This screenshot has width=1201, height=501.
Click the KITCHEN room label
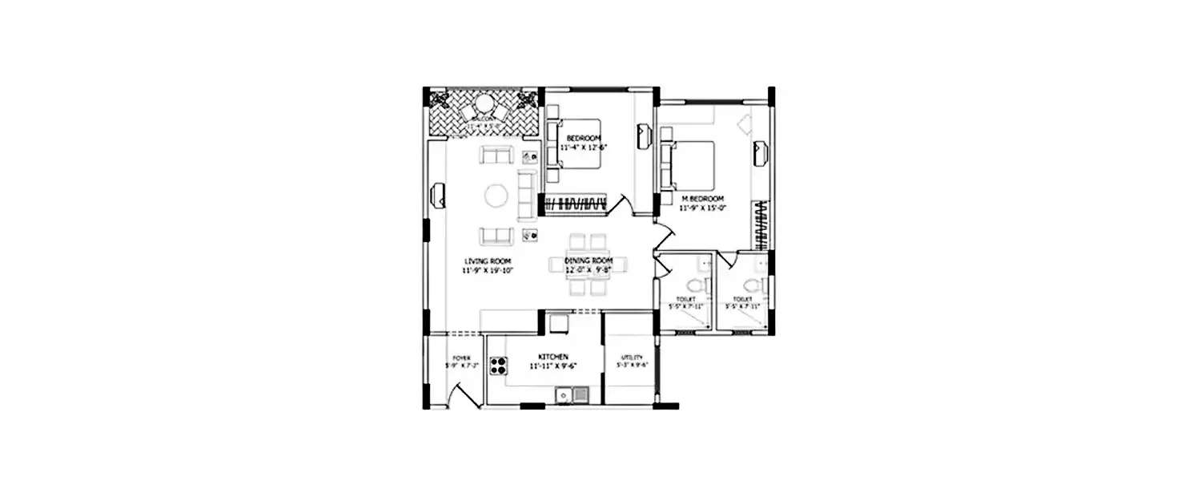(x=553, y=356)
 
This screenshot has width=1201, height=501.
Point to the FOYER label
(x=461, y=358)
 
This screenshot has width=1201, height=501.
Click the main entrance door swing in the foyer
(x=460, y=395)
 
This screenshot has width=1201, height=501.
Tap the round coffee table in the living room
(x=496, y=196)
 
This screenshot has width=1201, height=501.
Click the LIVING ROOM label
(x=488, y=262)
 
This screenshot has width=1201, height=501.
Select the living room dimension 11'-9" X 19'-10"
(x=488, y=271)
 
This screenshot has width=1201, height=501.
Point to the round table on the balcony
(x=485, y=105)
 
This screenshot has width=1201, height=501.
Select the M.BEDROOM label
(x=702, y=198)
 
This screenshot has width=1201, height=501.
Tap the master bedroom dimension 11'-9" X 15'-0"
(x=702, y=208)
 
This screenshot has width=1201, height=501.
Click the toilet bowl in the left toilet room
(x=696, y=285)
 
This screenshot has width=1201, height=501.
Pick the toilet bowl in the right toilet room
(x=750, y=285)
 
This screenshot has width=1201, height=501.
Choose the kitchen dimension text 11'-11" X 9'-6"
(x=553, y=366)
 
